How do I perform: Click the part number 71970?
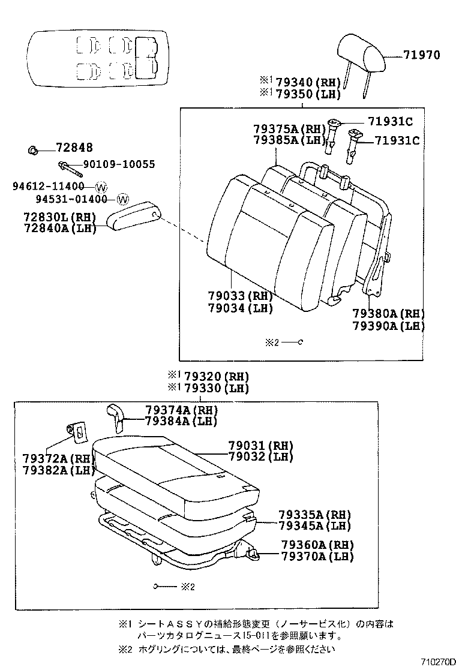421,55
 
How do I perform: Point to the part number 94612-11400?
49,186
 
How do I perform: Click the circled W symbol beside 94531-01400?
122,199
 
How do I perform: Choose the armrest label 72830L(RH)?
57,216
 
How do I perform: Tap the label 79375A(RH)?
289,128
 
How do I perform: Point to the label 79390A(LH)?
388,326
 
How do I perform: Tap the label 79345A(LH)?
314,525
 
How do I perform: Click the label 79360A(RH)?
317,545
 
